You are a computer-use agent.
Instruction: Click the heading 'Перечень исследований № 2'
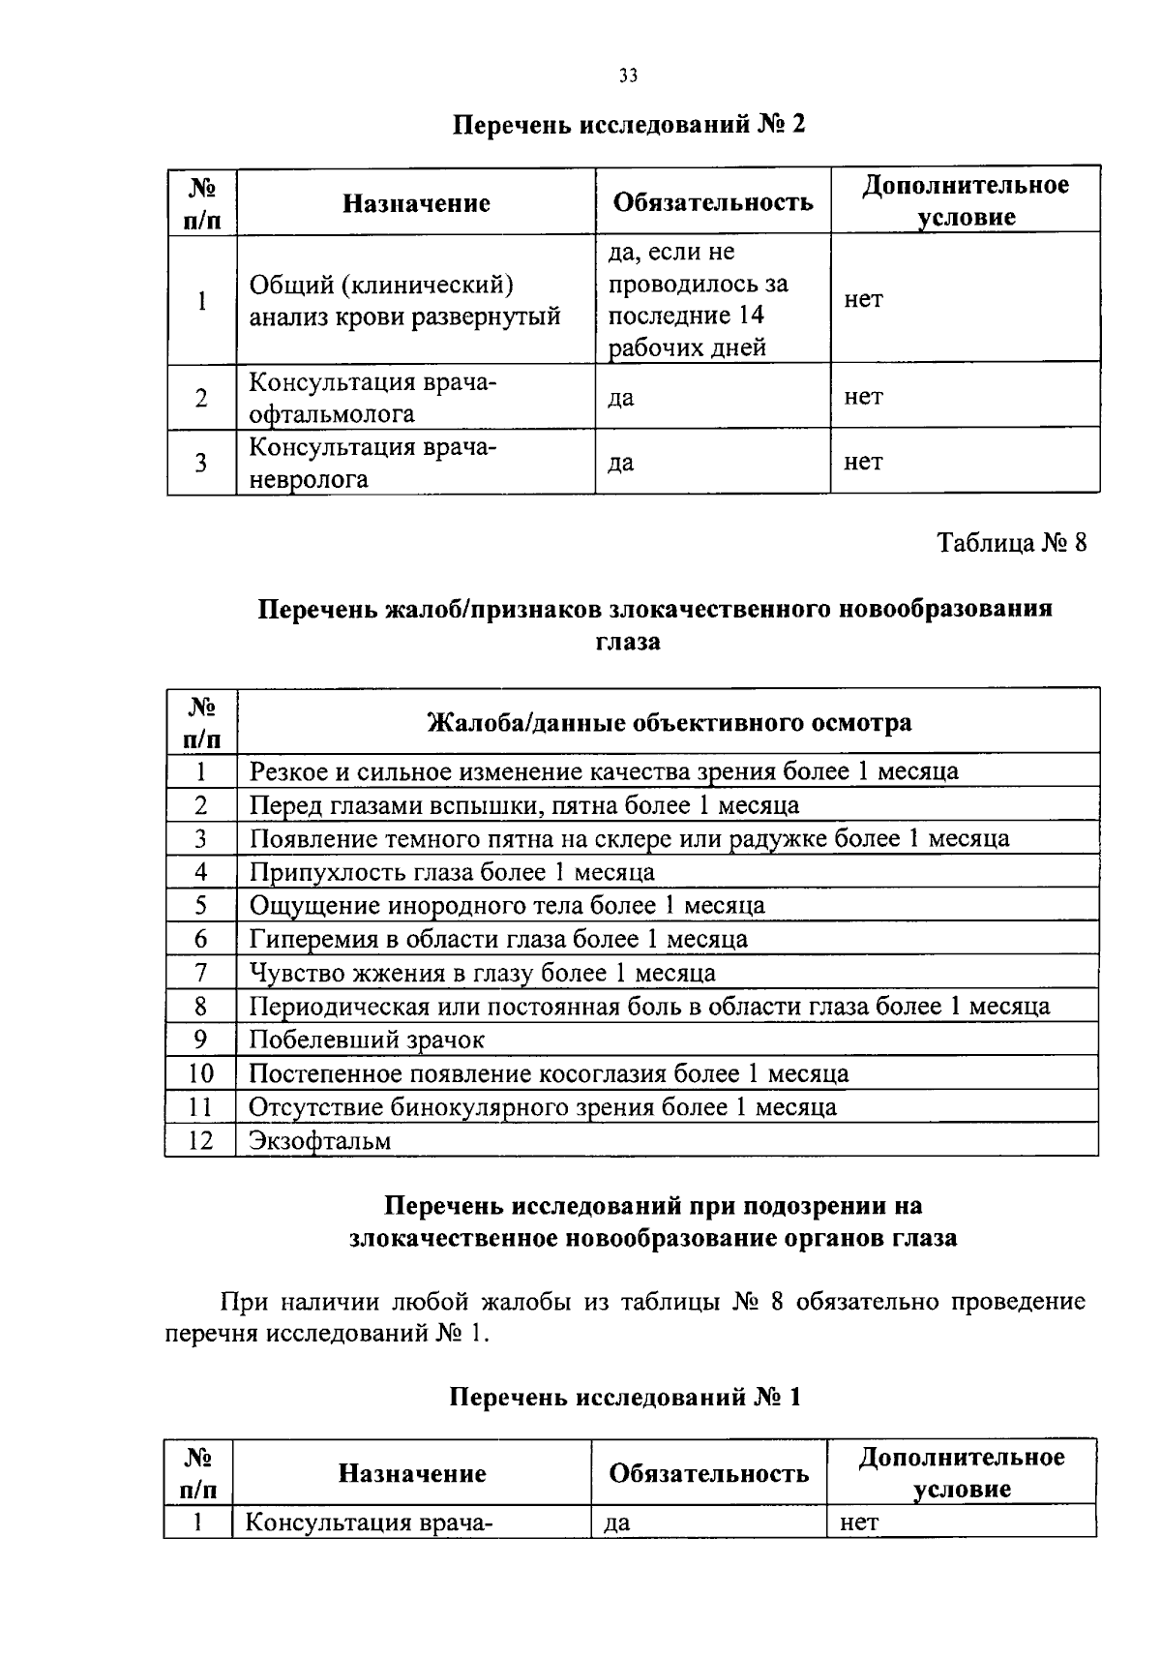pyautogui.click(x=629, y=126)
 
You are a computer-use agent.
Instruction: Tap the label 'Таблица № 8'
pyautogui.click(x=1012, y=542)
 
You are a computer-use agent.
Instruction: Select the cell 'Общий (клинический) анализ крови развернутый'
pyautogui.click(x=406, y=301)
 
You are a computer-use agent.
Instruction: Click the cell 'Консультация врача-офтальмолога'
pyautogui.click(x=372, y=398)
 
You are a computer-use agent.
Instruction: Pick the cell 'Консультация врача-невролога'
pyautogui.click(x=372, y=463)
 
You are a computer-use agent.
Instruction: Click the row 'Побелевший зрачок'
pyautogui.click(x=367, y=1040)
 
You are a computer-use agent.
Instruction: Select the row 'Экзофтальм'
pyautogui.click(x=320, y=1140)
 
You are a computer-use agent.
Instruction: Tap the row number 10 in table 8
pyautogui.click(x=200, y=1073)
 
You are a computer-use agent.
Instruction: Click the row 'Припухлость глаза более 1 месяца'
pyautogui.click(x=452, y=872)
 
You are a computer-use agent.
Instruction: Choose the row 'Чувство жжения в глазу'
pyautogui.click(x=482, y=973)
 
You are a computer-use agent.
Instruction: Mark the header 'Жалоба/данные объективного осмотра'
pyautogui.click(x=669, y=723)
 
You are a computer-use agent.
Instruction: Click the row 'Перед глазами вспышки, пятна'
pyautogui.click(x=524, y=805)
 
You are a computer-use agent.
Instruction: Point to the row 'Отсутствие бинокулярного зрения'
pyautogui.click(x=542, y=1106)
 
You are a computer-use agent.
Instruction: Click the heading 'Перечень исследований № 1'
pyautogui.click(x=626, y=1398)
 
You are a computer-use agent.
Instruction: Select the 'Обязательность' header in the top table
pyautogui.click(x=713, y=202)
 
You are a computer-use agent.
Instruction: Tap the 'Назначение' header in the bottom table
pyautogui.click(x=411, y=1473)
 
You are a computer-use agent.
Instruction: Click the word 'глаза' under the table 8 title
pyautogui.click(x=629, y=642)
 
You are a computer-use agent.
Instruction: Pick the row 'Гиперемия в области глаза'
pyautogui.click(x=498, y=939)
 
